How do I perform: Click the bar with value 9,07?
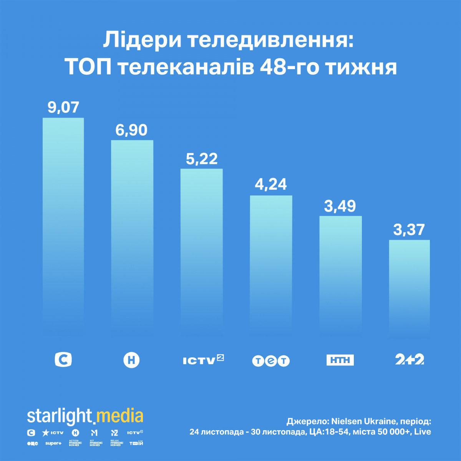[63, 223]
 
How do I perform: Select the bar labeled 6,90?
[132, 234]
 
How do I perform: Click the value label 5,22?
[202, 159]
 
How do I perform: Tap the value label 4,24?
[271, 184]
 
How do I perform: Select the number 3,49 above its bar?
[340, 206]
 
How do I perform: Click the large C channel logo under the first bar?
[63, 360]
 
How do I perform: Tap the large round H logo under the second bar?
[131, 360]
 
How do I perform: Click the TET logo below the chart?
[271, 361]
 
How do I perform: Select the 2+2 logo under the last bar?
[410, 360]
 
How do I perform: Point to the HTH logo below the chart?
[340, 360]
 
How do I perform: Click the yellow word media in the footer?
[119, 416]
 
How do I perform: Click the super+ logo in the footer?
[53, 443]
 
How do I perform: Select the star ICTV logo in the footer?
[53, 433]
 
